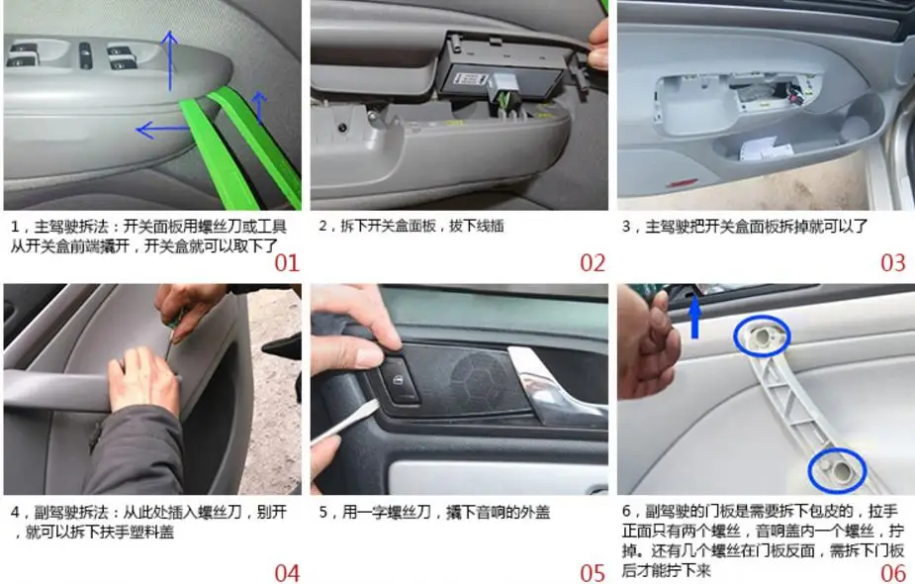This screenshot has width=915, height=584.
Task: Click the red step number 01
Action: (287, 263)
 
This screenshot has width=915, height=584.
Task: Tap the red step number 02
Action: (593, 263)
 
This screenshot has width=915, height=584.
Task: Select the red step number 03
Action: (893, 263)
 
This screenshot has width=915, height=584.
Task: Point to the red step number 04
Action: (287, 573)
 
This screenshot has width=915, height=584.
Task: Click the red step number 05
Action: (593, 573)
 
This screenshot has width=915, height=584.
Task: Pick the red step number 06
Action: (893, 573)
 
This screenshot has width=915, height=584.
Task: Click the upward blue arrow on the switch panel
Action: (170, 60)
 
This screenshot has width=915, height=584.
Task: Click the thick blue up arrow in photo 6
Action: (694, 316)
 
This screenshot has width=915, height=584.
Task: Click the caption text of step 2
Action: (412, 226)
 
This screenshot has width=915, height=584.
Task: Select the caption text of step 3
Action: (745, 226)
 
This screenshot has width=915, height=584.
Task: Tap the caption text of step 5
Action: (434, 512)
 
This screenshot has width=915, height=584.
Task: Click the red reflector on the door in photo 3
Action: (681, 184)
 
